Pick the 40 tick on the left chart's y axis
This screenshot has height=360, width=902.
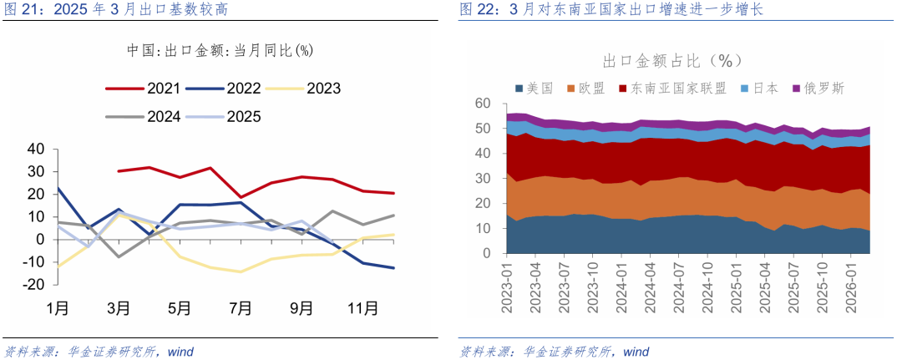tap(35, 149)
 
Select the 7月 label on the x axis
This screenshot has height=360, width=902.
tap(241, 308)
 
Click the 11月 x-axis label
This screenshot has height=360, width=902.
tap(362, 308)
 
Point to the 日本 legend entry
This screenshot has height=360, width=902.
tap(763, 88)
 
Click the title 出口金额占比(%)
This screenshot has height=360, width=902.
tap(673, 61)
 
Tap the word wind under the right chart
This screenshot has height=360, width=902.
tap(636, 352)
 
